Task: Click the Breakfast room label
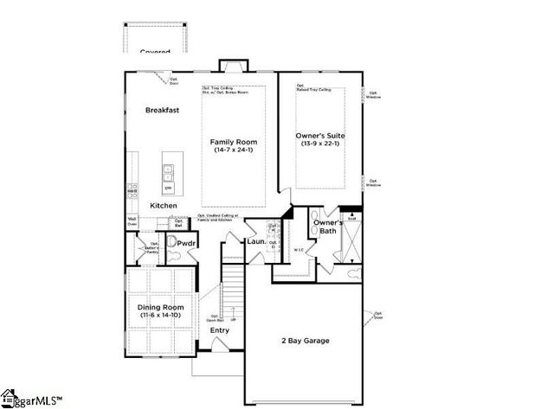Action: click(x=162, y=111)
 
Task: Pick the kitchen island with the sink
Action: click(x=168, y=172)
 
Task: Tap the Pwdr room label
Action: click(x=188, y=244)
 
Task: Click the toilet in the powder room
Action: click(x=171, y=243)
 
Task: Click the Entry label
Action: click(x=220, y=330)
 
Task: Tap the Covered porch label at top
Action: click(x=156, y=52)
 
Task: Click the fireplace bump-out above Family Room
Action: click(x=233, y=66)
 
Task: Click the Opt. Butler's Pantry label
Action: click(x=154, y=248)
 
